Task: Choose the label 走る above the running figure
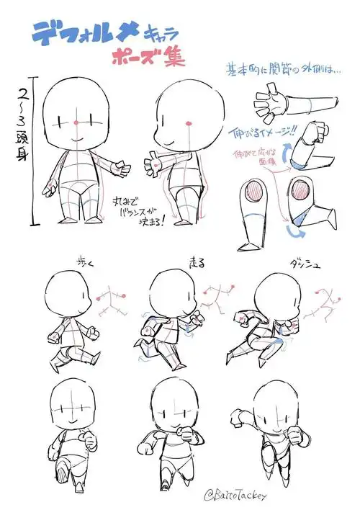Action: [195, 261]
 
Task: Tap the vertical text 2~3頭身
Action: [22, 130]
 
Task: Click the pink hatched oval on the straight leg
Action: [257, 195]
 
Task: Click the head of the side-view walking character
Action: [65, 295]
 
